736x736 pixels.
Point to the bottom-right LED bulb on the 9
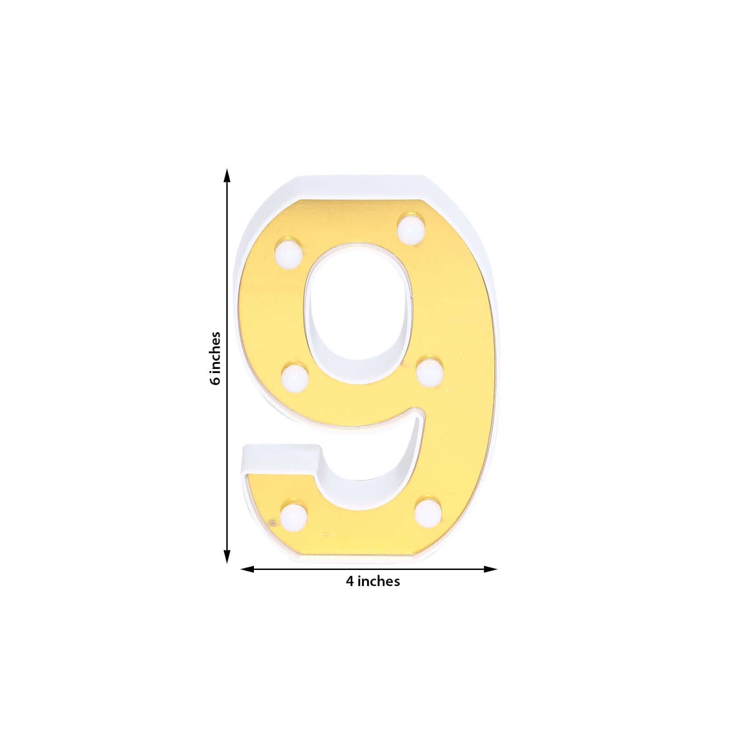pos(428,510)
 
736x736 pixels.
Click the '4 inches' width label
pos(373,581)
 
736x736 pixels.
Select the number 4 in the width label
pos(350,581)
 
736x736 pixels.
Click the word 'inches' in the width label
pos(379,581)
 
